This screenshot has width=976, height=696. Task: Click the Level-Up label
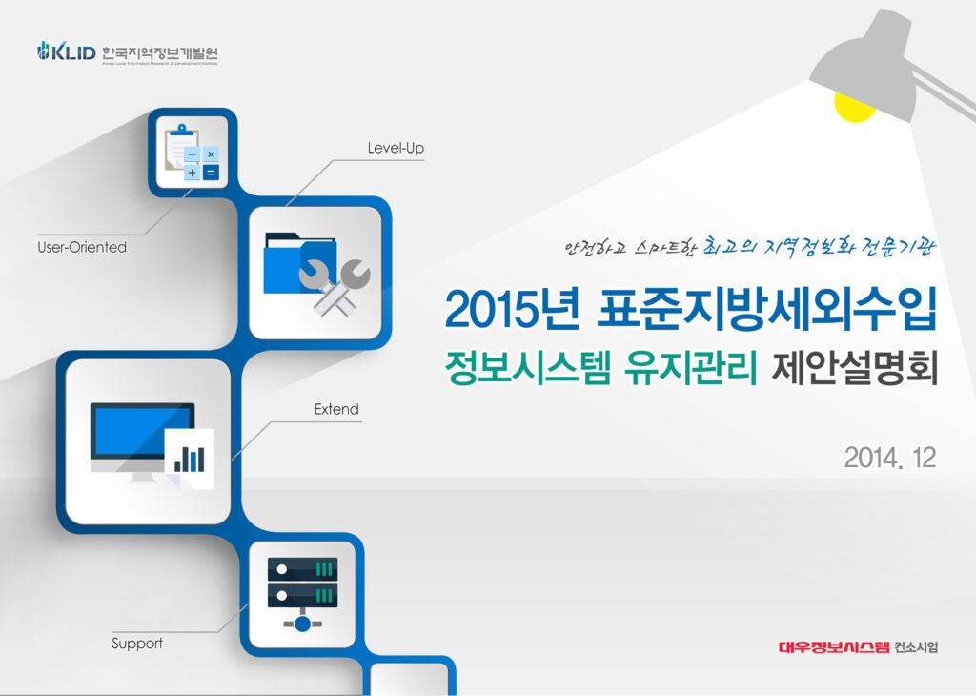tap(396, 149)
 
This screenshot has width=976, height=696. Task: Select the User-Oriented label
tap(81, 247)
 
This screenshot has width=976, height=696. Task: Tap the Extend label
tap(336, 409)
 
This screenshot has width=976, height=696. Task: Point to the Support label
tap(137, 644)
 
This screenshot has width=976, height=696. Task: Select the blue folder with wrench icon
tap(315, 273)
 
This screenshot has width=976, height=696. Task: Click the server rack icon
tap(302, 591)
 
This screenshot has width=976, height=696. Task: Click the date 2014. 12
tap(889, 459)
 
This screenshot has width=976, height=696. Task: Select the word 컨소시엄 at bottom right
tap(917, 647)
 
